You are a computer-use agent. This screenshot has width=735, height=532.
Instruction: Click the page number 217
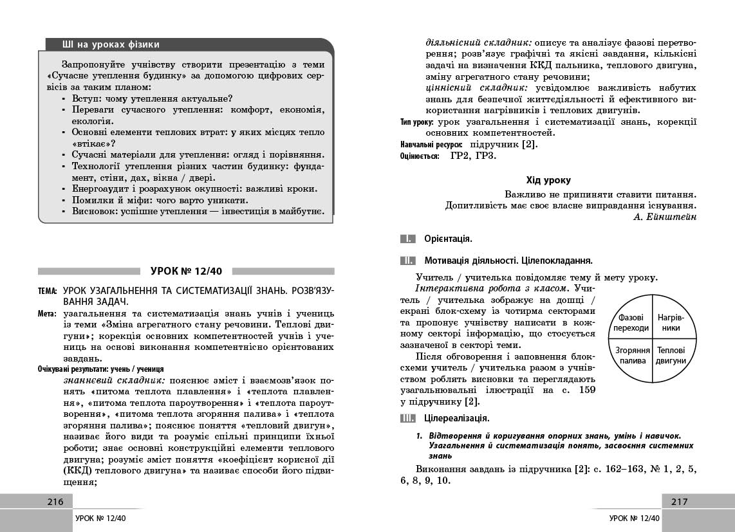point(680,502)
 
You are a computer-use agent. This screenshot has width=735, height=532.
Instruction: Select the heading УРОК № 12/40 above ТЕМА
point(186,271)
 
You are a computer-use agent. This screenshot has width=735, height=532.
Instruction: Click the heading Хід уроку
point(548,180)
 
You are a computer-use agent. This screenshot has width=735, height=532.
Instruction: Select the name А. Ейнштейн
point(665,217)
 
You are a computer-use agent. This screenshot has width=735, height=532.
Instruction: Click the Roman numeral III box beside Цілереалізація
point(407,419)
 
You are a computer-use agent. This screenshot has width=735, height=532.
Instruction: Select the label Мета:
point(49,313)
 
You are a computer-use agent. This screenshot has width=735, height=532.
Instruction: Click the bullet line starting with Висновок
point(198,211)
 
